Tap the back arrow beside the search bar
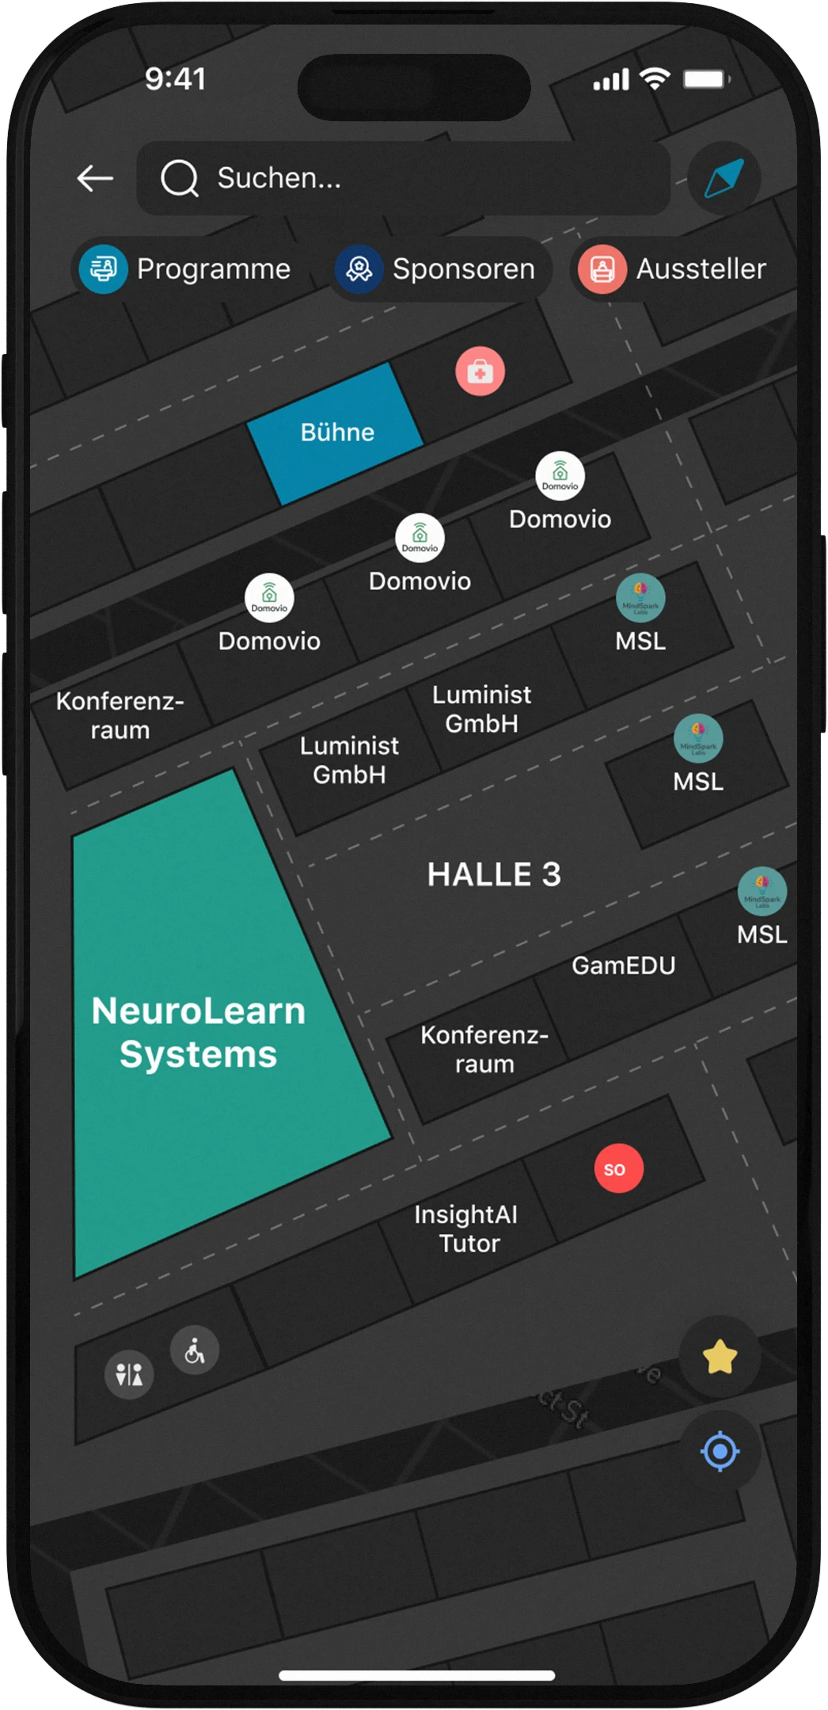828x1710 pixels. [x=95, y=178]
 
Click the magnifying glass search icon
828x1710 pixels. [x=180, y=178]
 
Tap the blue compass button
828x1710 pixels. [x=724, y=178]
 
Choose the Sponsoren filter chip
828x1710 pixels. [x=438, y=269]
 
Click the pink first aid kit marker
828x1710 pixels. [x=480, y=371]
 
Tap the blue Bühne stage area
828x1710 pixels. [x=336, y=432]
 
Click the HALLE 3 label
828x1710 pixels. [x=494, y=874]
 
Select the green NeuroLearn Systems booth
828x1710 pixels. [x=198, y=1033]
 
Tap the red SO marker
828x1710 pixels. [x=618, y=1169]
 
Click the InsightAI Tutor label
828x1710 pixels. [x=467, y=1228]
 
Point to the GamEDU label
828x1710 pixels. [x=624, y=965]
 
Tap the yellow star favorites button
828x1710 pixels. [x=720, y=1358]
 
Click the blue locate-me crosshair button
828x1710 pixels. [x=720, y=1452]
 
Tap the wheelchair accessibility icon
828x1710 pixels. [x=195, y=1350]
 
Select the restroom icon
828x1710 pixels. [x=129, y=1374]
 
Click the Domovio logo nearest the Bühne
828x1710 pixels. [x=420, y=538]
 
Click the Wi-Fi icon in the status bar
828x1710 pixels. [x=655, y=78]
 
